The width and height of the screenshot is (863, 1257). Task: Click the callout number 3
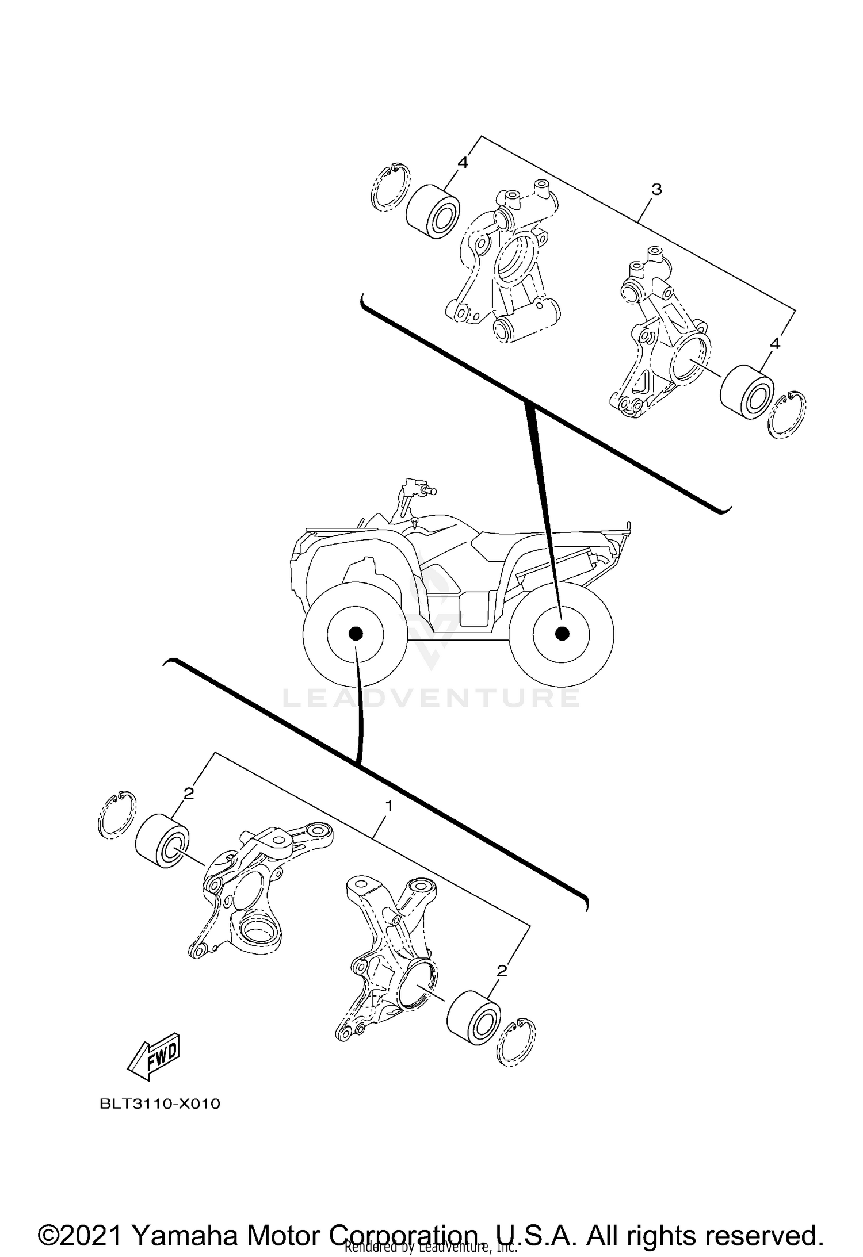(x=656, y=189)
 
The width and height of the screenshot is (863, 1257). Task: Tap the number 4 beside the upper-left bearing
(x=463, y=163)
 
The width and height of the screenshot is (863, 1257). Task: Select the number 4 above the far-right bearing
(x=775, y=343)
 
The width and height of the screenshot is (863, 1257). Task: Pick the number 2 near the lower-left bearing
(x=189, y=794)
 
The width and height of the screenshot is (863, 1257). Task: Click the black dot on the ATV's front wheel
(x=355, y=634)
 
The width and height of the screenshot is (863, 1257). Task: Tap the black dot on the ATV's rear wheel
(x=562, y=634)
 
